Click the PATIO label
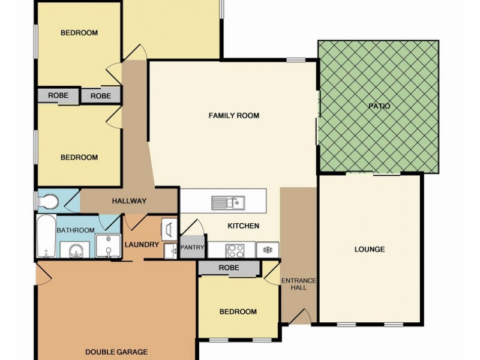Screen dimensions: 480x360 (379, 106)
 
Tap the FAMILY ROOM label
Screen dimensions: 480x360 (234, 115)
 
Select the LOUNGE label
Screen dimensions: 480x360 (370, 249)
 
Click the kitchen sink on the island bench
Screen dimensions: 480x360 (228, 203)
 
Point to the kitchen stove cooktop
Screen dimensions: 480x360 (235, 251)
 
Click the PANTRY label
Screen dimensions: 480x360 (192, 247)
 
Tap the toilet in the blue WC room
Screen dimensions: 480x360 (48, 202)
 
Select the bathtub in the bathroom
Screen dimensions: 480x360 (47, 236)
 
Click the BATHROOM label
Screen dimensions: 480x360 (76, 230)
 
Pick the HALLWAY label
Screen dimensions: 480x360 (129, 201)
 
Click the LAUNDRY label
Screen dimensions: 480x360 (142, 245)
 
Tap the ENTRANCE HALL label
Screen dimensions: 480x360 (298, 284)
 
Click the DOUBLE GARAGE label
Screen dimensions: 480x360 (116, 352)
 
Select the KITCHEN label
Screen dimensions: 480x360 (244, 226)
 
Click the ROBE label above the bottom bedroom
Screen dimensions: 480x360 (229, 268)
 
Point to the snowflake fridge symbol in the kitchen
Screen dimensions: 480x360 (268, 250)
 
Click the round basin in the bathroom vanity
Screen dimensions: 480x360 (75, 251)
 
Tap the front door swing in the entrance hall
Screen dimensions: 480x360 (300, 316)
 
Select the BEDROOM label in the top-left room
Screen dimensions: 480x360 (79, 33)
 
